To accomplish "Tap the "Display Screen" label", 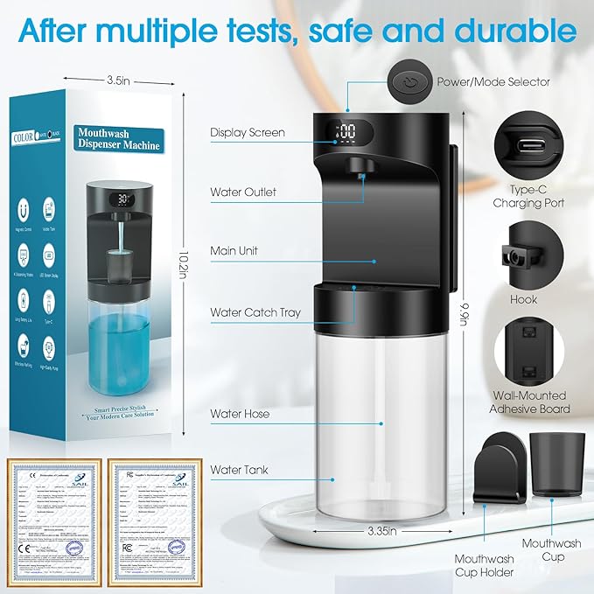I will point(247,133).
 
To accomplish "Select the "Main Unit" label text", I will point(234,251).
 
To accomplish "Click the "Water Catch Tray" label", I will point(255,312).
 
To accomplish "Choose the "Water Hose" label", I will point(240,413).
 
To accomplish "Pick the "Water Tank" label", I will point(239,471).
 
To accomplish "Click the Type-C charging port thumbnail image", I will point(528,143).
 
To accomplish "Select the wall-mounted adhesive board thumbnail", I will point(528,351).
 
